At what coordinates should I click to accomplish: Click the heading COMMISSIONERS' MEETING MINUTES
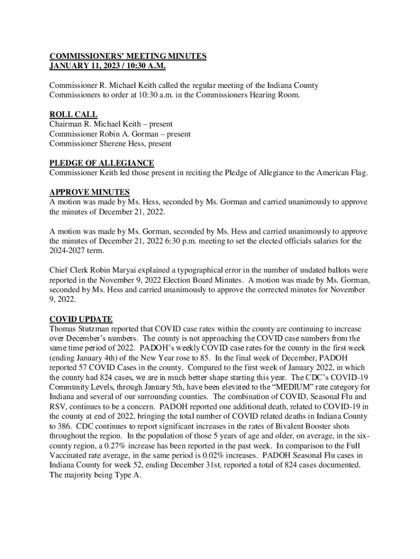128,56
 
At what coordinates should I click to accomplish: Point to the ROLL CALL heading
73,115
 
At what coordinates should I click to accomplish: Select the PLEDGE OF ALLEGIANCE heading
101,163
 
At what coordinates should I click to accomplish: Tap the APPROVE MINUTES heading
89,192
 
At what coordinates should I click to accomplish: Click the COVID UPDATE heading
81,319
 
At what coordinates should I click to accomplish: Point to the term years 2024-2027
67,251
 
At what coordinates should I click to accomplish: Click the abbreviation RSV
57,406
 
